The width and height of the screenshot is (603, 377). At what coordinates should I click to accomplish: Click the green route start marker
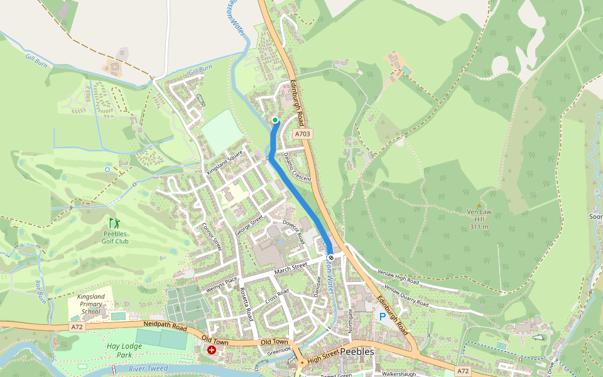pyautogui.click(x=275, y=120)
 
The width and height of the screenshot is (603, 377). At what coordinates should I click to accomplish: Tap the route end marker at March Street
pyautogui.click(x=331, y=257)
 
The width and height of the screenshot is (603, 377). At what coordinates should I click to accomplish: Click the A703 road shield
pyautogui.click(x=303, y=134)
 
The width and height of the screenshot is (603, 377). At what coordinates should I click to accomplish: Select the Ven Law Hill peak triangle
pyautogui.click(x=479, y=205)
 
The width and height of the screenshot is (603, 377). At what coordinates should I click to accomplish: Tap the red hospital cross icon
pyautogui.click(x=212, y=350)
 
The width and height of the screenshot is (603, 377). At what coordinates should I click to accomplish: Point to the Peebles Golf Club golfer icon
pyautogui.click(x=114, y=223)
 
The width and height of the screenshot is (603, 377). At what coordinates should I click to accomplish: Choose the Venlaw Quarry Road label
pyautogui.click(x=406, y=299)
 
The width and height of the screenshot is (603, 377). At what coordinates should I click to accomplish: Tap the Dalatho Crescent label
pyautogui.click(x=297, y=168)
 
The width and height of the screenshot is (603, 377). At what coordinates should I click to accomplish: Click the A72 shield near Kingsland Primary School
pyautogui.click(x=77, y=327)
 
